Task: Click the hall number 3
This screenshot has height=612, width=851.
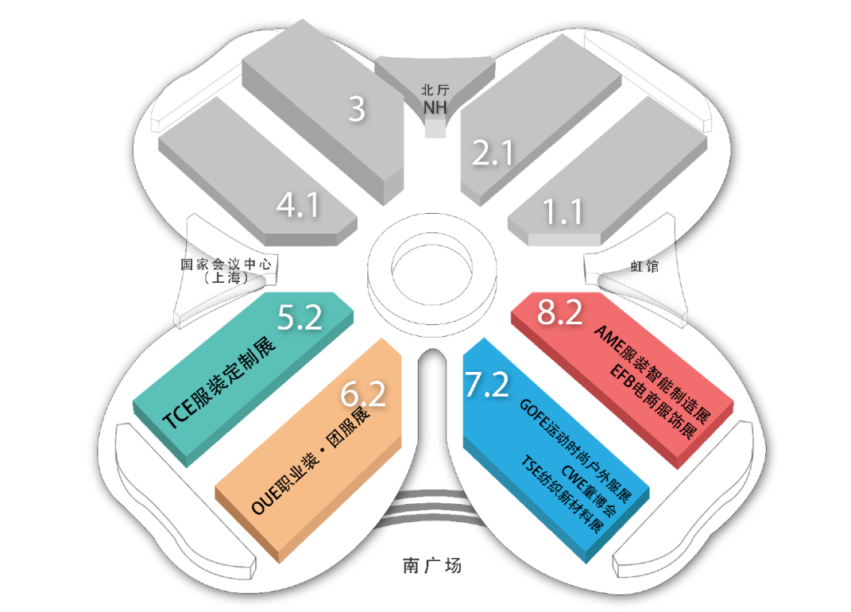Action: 358,109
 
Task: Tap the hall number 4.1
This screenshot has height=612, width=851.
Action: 297,206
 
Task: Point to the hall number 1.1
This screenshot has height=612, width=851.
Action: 563,212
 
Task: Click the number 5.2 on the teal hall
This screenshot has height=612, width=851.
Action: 300,318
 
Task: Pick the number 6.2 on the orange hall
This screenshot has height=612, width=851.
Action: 362,393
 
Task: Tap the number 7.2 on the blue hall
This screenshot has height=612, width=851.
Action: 487,385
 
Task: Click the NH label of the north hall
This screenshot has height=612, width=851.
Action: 435,106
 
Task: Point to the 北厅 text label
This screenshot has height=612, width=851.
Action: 435,91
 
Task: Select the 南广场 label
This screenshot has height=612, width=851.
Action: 431,567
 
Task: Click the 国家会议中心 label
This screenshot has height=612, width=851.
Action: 231,264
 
